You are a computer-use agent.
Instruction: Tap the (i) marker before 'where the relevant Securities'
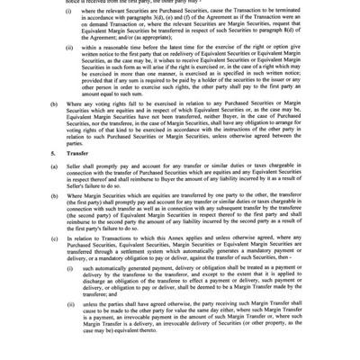tap(69, 11)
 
